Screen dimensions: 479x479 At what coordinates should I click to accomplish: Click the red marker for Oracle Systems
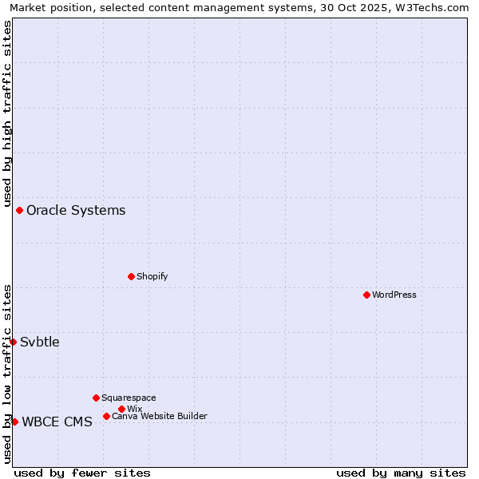[19, 210]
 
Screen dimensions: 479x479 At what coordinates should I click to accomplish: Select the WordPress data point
[366, 295]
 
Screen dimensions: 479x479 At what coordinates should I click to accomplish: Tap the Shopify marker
[131, 276]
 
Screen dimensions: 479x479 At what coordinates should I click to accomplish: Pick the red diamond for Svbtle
[13, 342]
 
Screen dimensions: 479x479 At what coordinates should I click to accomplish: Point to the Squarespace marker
[96, 398]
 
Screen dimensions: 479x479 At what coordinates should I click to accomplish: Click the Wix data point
[121, 409]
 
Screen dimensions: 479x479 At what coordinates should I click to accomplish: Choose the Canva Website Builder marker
[106, 416]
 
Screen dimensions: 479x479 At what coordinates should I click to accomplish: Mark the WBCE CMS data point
[14, 422]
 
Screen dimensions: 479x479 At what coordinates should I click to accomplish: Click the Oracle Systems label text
[76, 211]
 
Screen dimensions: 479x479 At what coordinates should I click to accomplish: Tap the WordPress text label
[394, 295]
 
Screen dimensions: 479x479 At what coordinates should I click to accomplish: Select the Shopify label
[152, 276]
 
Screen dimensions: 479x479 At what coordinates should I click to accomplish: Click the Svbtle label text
[40, 342]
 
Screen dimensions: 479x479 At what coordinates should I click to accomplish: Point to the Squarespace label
[129, 398]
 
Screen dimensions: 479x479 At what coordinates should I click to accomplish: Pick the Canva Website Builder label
[160, 416]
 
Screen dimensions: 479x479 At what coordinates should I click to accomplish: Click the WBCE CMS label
[57, 422]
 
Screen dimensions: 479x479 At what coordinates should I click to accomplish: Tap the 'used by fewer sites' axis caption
[82, 473]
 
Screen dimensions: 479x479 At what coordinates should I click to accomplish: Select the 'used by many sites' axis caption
[401, 473]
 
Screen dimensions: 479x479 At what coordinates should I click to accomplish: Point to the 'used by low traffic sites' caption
[7, 374]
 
